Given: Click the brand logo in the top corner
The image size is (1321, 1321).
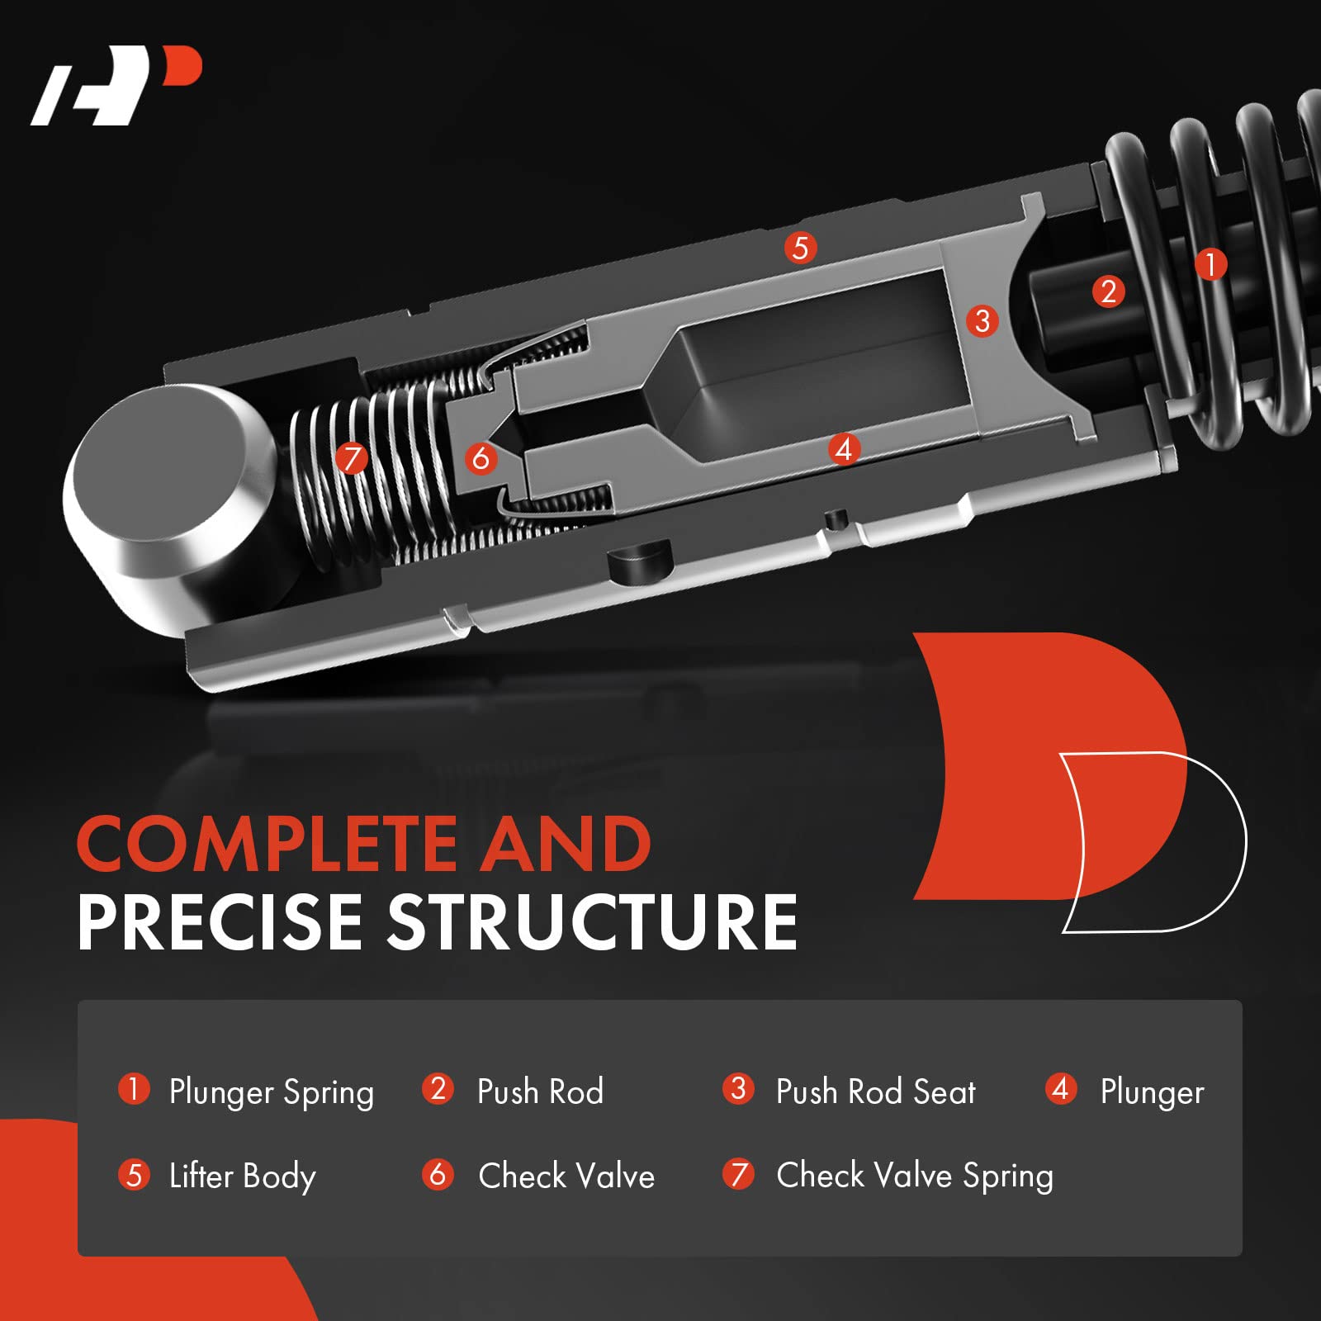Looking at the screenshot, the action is (116, 86).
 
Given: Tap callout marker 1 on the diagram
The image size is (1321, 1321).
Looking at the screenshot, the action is (1210, 265).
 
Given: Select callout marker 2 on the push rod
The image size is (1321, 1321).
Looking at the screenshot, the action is (1108, 291).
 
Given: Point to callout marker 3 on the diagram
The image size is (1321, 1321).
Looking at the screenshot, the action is (982, 320).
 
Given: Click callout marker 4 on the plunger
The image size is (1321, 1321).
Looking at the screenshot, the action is (843, 449).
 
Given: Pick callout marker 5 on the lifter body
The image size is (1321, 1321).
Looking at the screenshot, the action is (800, 248).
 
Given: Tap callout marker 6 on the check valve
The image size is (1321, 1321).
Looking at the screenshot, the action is (481, 457).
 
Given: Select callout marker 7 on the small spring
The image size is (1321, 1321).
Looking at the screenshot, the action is (352, 457).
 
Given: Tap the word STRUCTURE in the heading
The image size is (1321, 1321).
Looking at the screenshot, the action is (592, 922).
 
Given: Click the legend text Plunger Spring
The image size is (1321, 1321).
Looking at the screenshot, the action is (271, 1093).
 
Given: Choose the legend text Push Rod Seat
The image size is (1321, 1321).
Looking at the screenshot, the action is (876, 1091).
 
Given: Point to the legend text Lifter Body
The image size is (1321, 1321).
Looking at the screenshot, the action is (242, 1177).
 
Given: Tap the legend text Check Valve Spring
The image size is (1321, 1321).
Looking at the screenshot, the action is (915, 1177).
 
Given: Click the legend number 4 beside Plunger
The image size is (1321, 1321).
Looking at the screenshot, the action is (1061, 1089).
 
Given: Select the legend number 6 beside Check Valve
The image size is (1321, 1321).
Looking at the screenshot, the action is (438, 1174).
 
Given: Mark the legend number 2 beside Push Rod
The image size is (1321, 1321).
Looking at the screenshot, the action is (438, 1089).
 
